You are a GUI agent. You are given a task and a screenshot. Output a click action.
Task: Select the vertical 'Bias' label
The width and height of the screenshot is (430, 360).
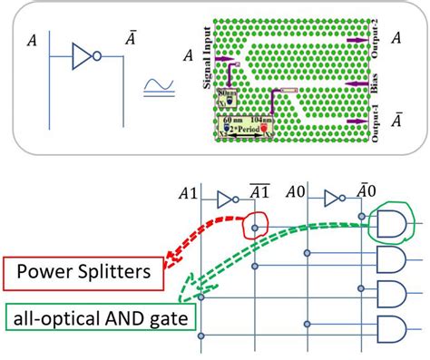pyautogui.click(x=373, y=86)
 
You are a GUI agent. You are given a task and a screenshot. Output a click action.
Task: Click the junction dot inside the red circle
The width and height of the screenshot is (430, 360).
pyautogui.click(x=256, y=227)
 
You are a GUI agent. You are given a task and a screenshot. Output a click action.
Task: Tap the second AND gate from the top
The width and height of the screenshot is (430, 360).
pyautogui.click(x=390, y=261)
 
